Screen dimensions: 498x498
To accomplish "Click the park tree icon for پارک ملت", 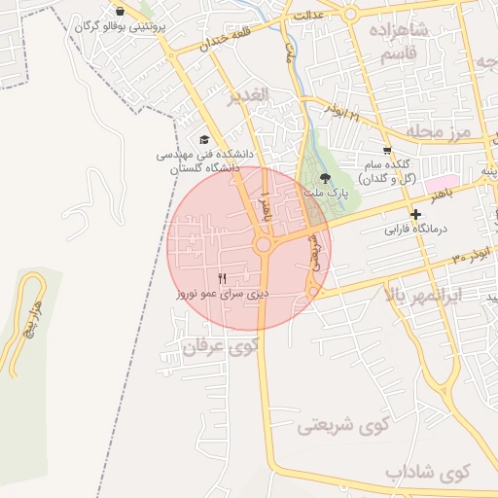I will click(325, 178).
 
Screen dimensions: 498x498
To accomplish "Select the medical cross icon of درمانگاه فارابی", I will click(416, 214).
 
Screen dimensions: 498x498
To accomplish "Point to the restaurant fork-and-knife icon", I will click(223, 279).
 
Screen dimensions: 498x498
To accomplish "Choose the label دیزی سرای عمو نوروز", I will click(222, 293).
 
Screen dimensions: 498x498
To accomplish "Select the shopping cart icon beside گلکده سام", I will click(387, 151).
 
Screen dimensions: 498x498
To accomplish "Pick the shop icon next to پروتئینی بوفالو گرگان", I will click(119, 11).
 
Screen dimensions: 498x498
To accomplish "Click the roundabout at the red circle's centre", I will click(263, 245).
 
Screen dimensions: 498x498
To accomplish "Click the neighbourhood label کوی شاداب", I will click(426, 473).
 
